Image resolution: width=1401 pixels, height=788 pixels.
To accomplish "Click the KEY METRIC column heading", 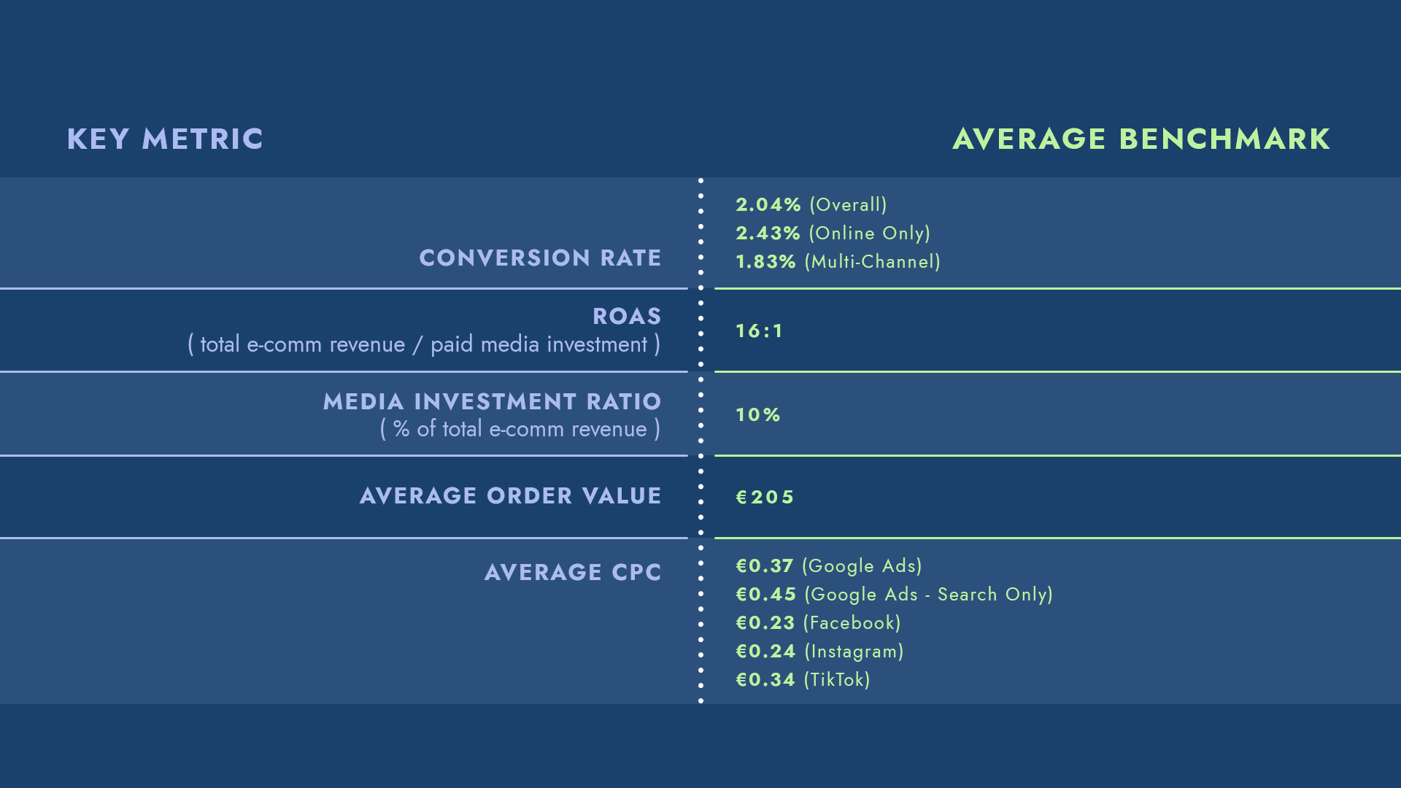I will (x=165, y=139).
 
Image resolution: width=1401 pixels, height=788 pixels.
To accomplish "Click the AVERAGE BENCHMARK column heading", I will (x=1141, y=139).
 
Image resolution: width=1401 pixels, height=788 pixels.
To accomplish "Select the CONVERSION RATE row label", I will (x=540, y=258).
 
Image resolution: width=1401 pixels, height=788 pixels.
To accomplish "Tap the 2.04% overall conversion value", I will (x=768, y=205).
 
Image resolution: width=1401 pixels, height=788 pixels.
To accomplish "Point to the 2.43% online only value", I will (x=768, y=233).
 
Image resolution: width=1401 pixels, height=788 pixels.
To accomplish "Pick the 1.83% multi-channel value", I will (x=765, y=262).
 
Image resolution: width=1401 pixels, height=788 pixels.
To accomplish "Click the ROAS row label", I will (x=627, y=316).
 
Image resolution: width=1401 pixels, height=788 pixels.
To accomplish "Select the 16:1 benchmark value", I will (x=759, y=331).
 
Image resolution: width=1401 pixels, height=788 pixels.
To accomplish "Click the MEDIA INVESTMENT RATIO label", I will (x=492, y=401).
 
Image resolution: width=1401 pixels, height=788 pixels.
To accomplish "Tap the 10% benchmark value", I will (x=757, y=415).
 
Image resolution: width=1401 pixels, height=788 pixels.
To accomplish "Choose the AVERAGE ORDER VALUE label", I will (x=510, y=496).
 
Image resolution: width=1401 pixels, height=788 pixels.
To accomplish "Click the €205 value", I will (x=765, y=498).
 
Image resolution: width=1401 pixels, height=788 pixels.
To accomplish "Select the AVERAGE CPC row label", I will (x=573, y=572).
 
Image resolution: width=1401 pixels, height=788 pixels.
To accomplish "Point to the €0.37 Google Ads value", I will (x=764, y=566).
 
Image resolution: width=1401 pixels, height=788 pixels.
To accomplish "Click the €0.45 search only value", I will (x=765, y=595).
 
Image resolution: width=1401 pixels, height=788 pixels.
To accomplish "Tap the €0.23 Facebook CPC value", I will (x=765, y=623).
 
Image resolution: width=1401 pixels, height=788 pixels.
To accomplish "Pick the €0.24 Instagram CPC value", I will (x=765, y=652).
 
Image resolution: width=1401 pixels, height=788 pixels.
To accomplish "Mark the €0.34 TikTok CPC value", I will (x=765, y=680).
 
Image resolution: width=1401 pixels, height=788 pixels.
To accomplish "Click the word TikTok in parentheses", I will (x=837, y=680).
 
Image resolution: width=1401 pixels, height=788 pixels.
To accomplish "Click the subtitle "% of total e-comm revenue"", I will (x=520, y=429).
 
